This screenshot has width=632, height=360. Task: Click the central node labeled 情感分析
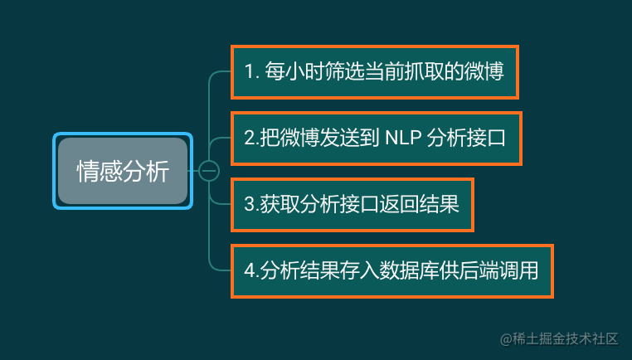click(x=123, y=171)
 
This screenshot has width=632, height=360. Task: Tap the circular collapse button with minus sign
click(x=209, y=171)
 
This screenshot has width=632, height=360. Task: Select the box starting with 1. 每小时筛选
click(x=374, y=72)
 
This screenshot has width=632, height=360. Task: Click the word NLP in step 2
click(x=403, y=138)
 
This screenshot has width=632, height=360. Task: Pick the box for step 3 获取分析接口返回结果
click(x=352, y=205)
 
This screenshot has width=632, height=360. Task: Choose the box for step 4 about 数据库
click(x=392, y=271)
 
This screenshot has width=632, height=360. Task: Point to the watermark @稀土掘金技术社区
click(x=559, y=339)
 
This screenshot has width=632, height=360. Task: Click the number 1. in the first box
click(x=251, y=72)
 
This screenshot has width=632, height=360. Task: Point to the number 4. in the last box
click(x=252, y=270)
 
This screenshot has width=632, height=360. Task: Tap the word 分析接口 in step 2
click(x=465, y=138)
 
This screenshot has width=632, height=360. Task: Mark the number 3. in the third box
click(x=252, y=204)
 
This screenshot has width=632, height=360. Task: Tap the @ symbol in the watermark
click(x=506, y=339)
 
